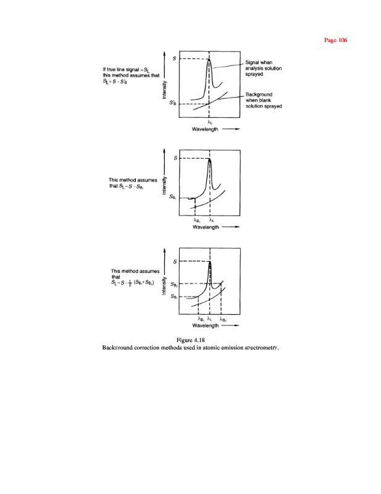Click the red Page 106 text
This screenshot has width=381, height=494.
pyautogui.click(x=336, y=40)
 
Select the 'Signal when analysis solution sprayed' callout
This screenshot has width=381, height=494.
pyautogui.click(x=262, y=67)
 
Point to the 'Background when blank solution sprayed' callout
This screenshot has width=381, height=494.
pyautogui.click(x=264, y=100)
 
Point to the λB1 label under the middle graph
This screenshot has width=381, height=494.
pyautogui.click(x=196, y=220)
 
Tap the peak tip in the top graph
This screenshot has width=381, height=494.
pyautogui.click(x=209, y=59)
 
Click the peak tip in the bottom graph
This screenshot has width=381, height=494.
pyautogui.click(x=210, y=262)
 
